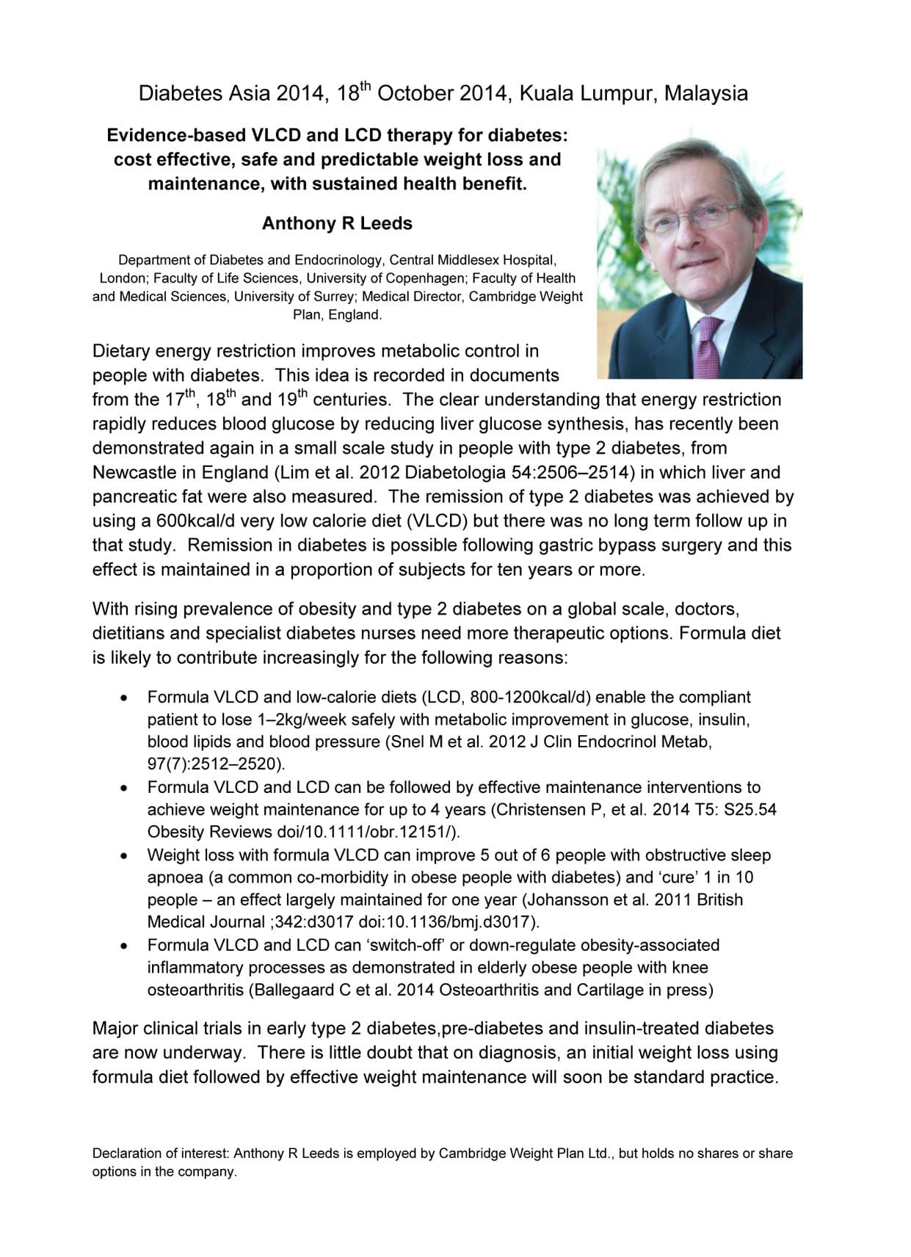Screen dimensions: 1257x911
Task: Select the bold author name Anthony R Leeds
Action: pos(337,223)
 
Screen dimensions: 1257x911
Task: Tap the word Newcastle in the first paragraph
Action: pos(134,472)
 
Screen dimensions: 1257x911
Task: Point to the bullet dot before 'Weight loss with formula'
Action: pos(126,855)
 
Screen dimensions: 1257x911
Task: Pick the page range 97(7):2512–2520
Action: pos(215,764)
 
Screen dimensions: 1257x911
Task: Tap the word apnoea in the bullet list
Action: pos(173,877)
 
